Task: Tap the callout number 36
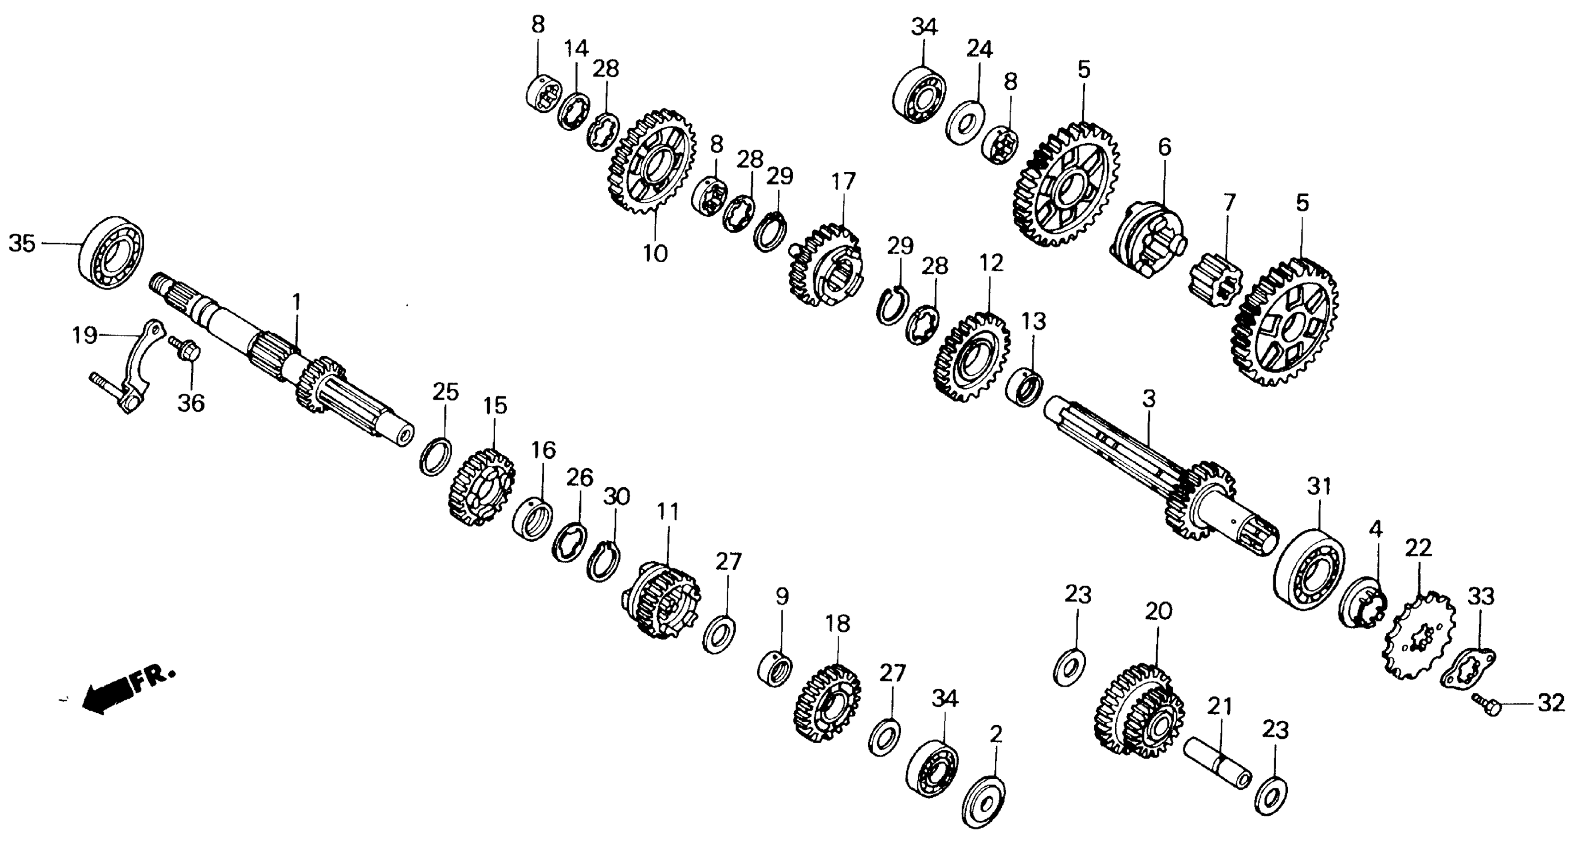coord(191,404)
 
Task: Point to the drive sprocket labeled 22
coord(1418,635)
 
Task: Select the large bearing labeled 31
coord(1308,569)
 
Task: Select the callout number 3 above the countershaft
coord(1149,399)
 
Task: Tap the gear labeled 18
coord(827,703)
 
